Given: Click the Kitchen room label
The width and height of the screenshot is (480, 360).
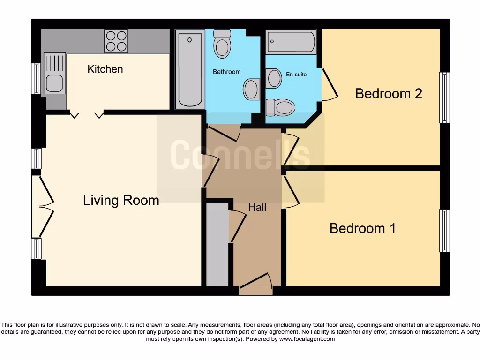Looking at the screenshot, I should (x=105, y=69).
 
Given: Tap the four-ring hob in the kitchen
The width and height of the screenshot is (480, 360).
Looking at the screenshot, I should (x=116, y=41).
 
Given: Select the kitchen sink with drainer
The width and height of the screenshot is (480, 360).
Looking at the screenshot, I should (x=54, y=74).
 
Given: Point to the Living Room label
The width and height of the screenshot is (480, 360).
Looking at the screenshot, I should (x=121, y=201).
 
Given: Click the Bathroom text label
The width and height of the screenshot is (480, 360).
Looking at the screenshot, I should (x=227, y=72).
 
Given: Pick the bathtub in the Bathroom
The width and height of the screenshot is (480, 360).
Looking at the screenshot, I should (x=190, y=69).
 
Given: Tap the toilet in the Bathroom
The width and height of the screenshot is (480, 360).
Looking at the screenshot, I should (x=222, y=44).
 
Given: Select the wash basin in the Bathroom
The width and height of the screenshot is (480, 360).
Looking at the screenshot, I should (x=252, y=89).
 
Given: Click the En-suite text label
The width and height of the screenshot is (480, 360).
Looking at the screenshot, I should (x=296, y=74).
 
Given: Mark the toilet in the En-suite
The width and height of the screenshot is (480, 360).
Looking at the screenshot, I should (x=281, y=107).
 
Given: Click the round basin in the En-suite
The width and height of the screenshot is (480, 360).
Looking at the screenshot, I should (x=274, y=78).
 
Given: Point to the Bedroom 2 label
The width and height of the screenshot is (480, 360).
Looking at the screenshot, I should (x=389, y=94).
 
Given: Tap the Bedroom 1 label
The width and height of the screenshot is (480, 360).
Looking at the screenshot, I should (x=362, y=228).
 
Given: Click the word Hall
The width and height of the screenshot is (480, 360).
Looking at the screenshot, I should (x=257, y=207).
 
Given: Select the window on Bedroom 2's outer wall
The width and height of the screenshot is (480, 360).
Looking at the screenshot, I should (x=444, y=97).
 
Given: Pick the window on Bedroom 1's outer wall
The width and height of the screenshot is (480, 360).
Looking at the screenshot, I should (x=444, y=231).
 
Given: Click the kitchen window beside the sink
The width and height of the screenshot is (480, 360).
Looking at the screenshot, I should (x=36, y=78).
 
